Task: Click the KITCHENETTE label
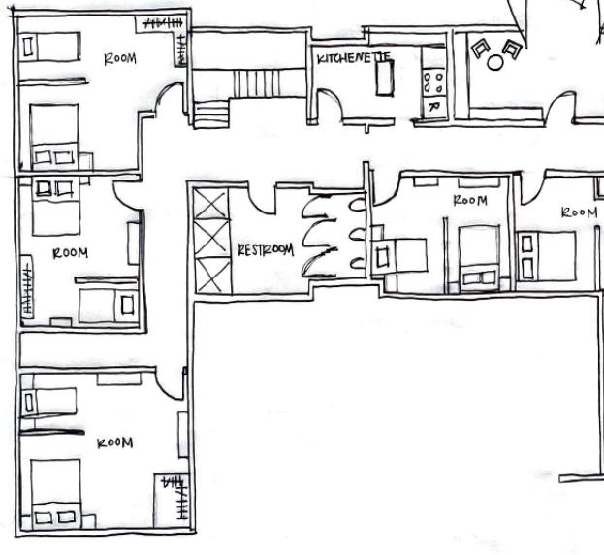(x=353, y=58)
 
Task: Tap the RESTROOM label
(x=265, y=249)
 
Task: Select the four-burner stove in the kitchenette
(x=432, y=83)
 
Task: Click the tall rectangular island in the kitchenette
(x=385, y=79)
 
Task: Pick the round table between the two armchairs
(x=495, y=62)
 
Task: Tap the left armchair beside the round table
(x=479, y=46)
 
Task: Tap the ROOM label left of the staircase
(x=120, y=58)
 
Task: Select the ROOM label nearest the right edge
(x=579, y=212)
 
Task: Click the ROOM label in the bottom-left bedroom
(x=114, y=442)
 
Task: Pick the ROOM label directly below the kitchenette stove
(x=470, y=200)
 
